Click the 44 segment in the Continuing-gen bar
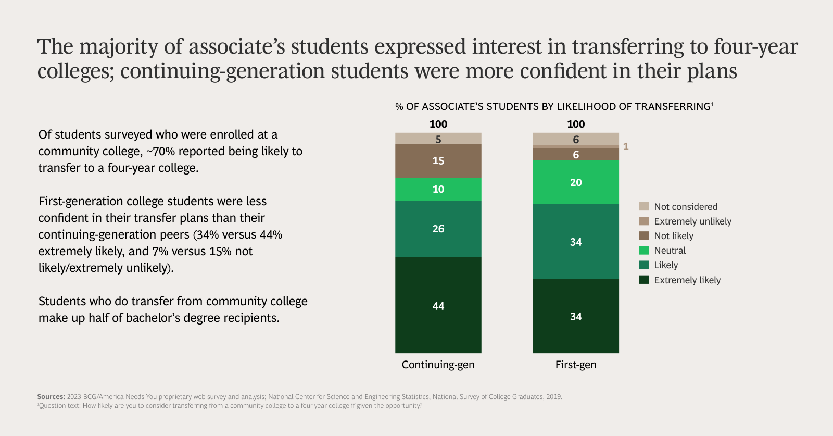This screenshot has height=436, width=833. (438, 305)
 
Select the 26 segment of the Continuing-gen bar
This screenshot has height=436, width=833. (438, 229)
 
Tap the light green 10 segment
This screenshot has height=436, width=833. (438, 189)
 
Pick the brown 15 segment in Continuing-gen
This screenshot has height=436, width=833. (438, 160)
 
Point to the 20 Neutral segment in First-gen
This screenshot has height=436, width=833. (576, 182)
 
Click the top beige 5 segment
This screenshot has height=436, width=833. (438, 139)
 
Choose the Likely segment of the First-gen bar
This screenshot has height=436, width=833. (576, 242)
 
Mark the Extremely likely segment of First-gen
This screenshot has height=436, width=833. (576, 316)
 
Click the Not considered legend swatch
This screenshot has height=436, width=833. (644, 206)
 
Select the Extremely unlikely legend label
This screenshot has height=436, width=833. (692, 221)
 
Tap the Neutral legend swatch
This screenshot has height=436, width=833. (644, 251)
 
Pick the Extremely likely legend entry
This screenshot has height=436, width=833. (687, 280)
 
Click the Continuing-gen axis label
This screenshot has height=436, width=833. (438, 365)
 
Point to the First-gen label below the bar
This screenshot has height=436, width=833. (576, 365)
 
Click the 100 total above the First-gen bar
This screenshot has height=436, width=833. (576, 124)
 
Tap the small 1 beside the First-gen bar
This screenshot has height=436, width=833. (626, 147)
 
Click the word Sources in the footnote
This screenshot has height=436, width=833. (51, 397)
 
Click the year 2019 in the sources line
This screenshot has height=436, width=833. (553, 397)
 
